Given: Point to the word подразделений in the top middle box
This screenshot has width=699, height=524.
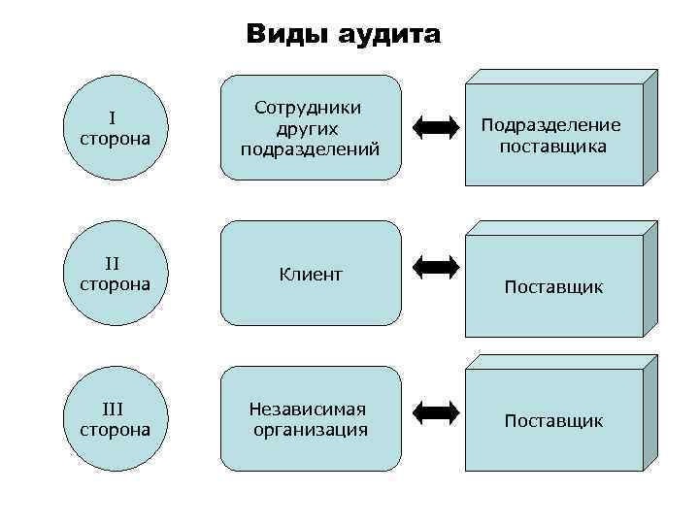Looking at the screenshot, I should [310, 148].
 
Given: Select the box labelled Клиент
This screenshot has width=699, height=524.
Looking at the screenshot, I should [311, 274].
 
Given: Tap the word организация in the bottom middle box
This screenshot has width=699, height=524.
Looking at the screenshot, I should [311, 430].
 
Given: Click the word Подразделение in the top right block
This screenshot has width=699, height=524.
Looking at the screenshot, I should [550, 126].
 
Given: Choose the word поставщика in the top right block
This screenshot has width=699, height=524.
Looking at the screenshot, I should [553, 147].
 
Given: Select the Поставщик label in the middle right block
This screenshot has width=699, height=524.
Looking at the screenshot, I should [553, 287].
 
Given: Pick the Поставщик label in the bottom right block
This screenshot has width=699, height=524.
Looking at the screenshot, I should [553, 420].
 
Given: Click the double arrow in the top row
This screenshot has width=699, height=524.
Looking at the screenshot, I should [435, 125].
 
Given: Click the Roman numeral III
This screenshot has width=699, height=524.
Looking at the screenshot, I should [114, 409].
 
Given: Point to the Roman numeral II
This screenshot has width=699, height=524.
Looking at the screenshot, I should [113, 263].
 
